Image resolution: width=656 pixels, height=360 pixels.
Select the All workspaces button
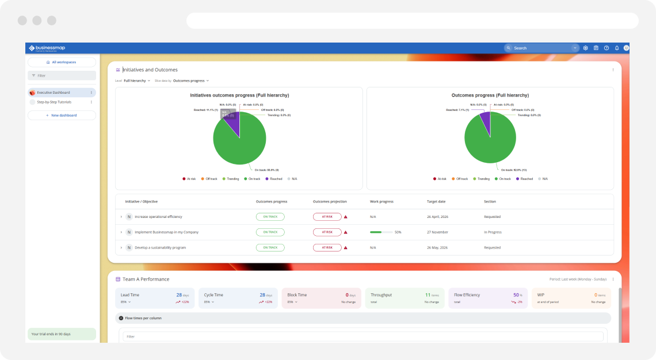click(62, 62)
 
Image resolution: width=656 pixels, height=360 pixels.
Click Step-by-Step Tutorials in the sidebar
click(54, 102)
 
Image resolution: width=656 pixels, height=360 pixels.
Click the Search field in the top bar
click(541, 48)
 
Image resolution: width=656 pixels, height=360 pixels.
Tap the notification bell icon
click(617, 48)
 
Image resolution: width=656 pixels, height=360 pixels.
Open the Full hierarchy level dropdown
click(137, 81)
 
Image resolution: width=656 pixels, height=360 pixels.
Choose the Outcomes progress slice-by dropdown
click(190, 81)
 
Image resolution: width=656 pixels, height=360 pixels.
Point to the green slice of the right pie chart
click(491, 141)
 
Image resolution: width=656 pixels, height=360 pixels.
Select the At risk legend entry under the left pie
click(189, 179)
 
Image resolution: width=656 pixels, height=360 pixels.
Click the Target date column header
click(436, 201)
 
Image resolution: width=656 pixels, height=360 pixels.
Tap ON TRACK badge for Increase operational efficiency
click(270, 217)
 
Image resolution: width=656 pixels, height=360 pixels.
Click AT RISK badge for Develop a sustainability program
click(327, 247)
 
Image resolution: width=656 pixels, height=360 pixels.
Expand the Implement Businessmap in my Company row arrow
click(121, 232)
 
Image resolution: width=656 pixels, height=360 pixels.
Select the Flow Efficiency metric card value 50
click(516, 294)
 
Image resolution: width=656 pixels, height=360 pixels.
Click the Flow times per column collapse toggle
click(121, 318)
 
